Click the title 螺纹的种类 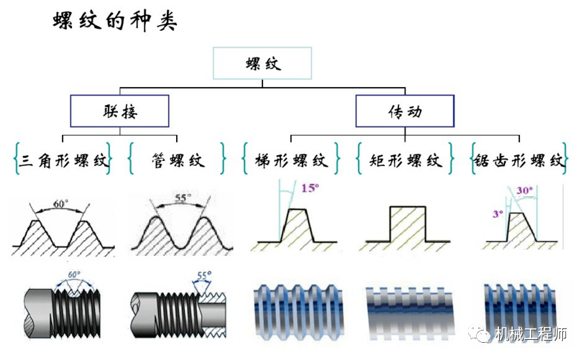(x=115, y=21)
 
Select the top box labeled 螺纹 (x=262, y=63)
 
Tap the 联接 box (x=119, y=111)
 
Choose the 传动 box (x=405, y=111)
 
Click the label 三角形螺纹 (x=63, y=160)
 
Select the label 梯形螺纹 (x=291, y=160)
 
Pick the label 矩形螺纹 (x=406, y=160)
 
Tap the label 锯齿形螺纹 (x=518, y=160)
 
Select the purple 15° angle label (x=310, y=188)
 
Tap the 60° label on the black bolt (x=73, y=276)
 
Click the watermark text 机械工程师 (x=531, y=334)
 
